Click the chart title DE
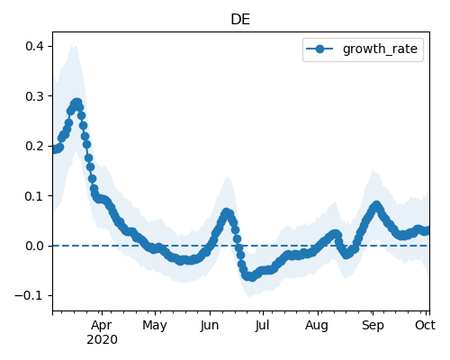pos(240,20)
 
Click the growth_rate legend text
pos(380,49)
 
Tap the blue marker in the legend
pos(319,49)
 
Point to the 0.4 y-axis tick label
pos(34,46)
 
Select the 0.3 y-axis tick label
pos(34,96)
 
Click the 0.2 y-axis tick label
pos(34,146)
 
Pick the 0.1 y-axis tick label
pos(34,196)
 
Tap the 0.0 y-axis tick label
pos(34,246)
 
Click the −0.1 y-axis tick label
pos(29,295)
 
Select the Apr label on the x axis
pos(102,326)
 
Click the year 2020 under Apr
pos(102,340)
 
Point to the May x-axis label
pos(155,326)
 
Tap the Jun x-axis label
pos(210,325)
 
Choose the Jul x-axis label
pos(262,325)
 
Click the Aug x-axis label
pos(317,326)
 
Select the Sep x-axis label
pos(373,326)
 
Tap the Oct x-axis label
pos(425,325)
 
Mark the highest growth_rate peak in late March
pos(77,103)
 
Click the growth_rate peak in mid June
pos(227,212)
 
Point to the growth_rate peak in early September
pos(376,205)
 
